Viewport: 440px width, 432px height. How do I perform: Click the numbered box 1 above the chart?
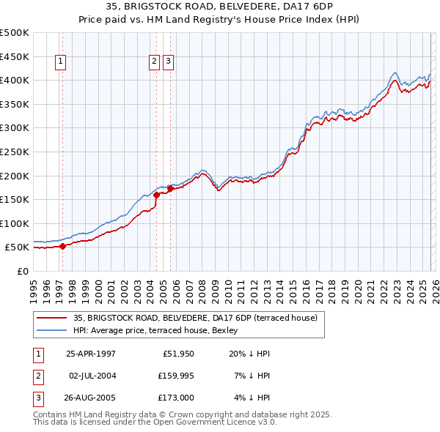tap(59, 62)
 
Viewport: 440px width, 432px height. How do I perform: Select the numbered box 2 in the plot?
tap(155, 62)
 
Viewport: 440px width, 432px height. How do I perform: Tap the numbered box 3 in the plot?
tap(169, 62)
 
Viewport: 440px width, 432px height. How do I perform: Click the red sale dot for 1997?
tap(62, 246)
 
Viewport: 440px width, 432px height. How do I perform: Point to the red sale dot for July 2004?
tap(156, 195)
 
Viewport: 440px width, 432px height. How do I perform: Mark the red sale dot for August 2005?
tap(171, 188)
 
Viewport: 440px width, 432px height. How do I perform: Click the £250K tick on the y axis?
tap(15, 152)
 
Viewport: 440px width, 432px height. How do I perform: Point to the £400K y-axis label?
tap(15, 80)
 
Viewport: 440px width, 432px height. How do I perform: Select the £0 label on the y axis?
tap(22, 271)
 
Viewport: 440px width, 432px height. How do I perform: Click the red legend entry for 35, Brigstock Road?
tap(195, 318)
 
